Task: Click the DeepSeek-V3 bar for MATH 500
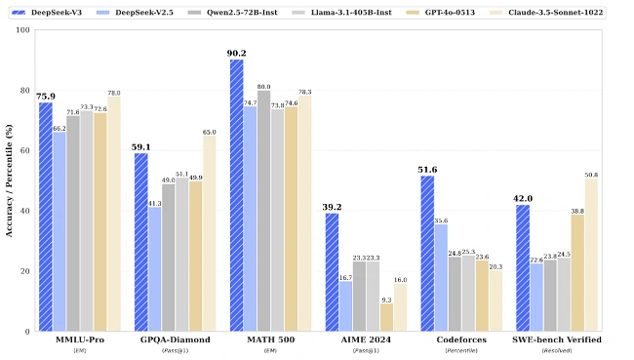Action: [237, 195]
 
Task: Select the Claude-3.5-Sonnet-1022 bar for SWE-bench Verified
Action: [591, 255]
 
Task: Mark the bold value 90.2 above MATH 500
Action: [236, 54]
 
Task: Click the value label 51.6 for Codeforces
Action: [427, 170]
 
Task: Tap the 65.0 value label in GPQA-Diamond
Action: [210, 132]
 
